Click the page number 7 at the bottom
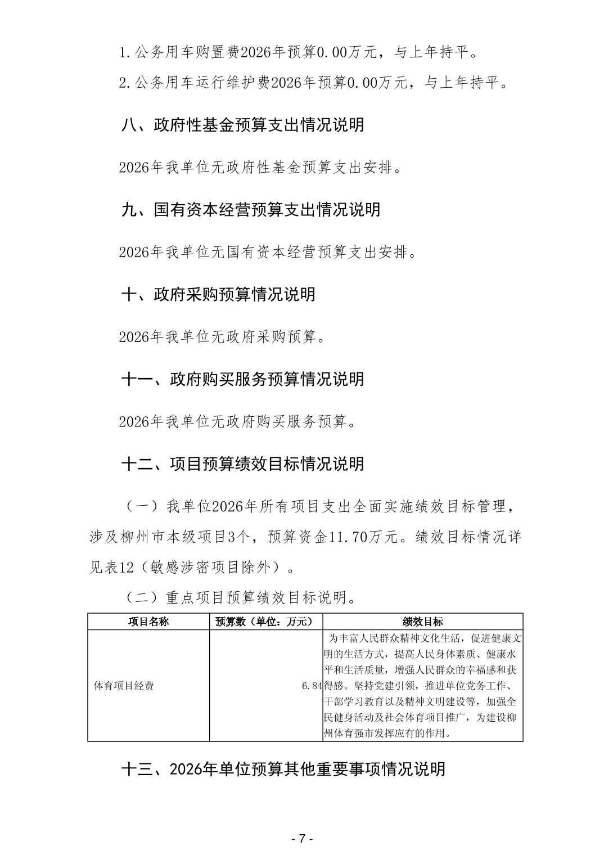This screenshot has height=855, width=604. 301,838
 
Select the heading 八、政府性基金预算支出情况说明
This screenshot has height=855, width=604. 242,124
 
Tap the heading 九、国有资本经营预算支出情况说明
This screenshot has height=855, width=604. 251,209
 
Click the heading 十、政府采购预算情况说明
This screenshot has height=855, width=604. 218,294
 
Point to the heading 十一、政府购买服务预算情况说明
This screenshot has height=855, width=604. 242,379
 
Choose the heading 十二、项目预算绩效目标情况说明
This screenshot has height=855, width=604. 242,464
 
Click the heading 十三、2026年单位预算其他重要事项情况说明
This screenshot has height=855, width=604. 283,769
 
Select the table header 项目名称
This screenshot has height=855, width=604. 148,622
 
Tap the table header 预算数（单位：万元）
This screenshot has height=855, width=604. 265,622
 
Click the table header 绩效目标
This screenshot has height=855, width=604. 422,622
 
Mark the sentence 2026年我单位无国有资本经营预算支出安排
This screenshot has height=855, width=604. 268,252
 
